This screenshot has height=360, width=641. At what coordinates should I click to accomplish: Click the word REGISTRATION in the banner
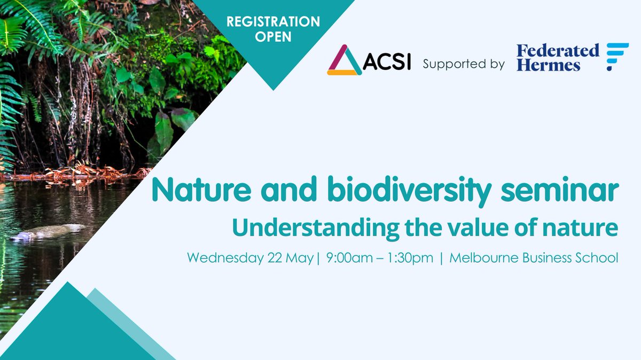point(273,22)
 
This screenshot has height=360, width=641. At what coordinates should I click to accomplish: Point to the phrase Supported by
point(463,64)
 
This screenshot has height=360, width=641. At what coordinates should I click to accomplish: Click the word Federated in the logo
point(558,51)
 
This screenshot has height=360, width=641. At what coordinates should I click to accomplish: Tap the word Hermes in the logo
point(548,66)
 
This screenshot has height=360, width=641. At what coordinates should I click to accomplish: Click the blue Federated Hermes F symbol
point(617,57)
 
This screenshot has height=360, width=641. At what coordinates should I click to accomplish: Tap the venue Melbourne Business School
point(534,258)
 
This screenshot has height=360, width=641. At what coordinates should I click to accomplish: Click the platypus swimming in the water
point(48,232)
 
